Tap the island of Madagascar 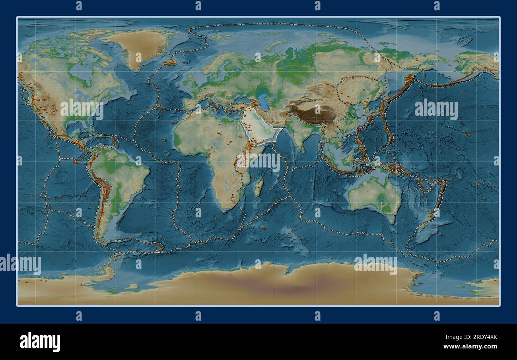(x=258, y=187)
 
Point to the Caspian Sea (x=262, y=99)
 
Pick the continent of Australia (x=374, y=195)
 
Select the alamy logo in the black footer (x=40, y=342)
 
